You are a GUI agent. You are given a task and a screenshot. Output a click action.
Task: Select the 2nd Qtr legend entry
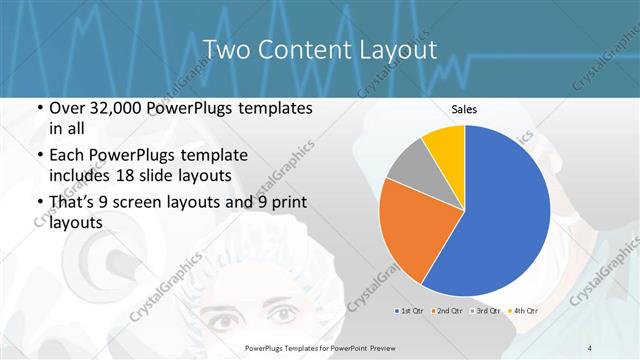tap(446, 312)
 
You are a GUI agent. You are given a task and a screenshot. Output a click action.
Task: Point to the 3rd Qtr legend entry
tap(485, 312)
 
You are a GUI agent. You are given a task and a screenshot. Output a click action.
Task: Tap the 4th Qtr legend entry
tap(524, 312)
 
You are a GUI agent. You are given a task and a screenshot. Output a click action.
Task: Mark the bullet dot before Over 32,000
tap(38, 108)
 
